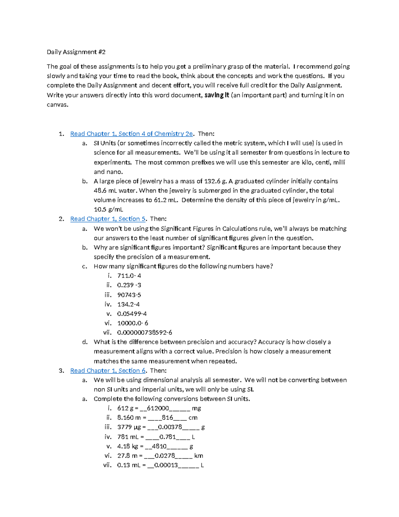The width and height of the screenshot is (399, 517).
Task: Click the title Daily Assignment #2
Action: click(x=76, y=52)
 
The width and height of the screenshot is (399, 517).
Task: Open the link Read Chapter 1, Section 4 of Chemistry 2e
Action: click(x=131, y=134)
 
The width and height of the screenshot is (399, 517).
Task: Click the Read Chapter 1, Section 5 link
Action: click(x=108, y=219)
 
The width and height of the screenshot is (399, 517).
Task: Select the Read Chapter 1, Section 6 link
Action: click(x=108, y=371)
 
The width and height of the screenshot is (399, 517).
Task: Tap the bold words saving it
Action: click(x=216, y=95)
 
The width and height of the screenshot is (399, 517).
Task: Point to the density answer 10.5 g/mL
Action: click(x=108, y=209)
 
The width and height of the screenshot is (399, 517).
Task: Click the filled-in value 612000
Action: click(x=158, y=408)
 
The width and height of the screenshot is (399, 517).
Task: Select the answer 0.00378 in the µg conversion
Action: click(x=170, y=427)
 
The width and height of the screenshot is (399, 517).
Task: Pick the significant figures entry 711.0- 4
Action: click(x=129, y=276)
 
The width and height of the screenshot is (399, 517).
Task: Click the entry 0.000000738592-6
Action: click(x=145, y=333)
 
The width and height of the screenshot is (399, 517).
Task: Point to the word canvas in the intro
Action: click(x=57, y=105)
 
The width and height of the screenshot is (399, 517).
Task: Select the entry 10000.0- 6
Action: click(x=133, y=323)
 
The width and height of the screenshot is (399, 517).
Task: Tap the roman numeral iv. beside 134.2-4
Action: click(x=108, y=304)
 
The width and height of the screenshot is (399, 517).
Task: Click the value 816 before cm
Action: click(x=167, y=418)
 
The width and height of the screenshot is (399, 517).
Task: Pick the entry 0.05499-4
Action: click(x=132, y=314)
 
